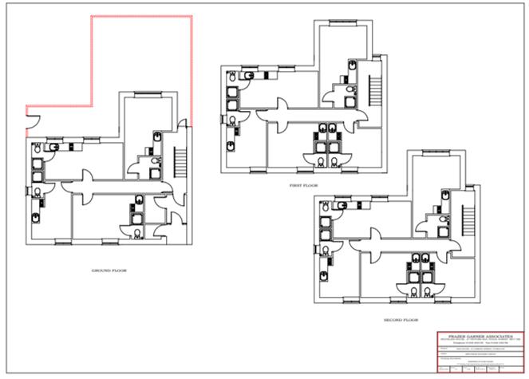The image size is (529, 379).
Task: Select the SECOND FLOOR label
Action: [x=400, y=319]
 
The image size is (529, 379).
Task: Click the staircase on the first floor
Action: [x=372, y=88]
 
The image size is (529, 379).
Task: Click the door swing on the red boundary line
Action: [x=31, y=122]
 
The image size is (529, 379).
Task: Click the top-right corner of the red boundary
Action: [x=191, y=16]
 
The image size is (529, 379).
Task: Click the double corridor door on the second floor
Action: [x=373, y=242]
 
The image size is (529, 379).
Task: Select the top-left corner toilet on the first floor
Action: [x=249, y=77]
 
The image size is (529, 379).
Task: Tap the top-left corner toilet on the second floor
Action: [x=341, y=206]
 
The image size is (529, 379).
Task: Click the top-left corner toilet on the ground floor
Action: [x=53, y=148]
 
